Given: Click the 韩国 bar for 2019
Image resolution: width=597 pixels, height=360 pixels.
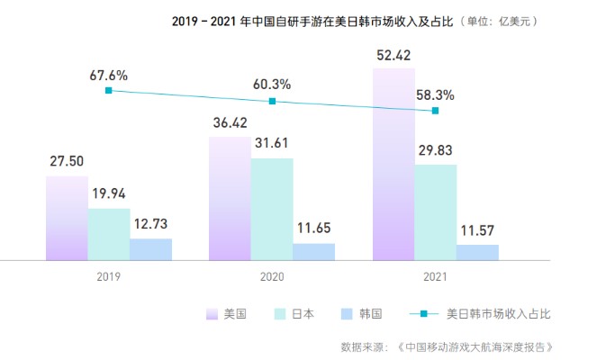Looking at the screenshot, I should (150, 249).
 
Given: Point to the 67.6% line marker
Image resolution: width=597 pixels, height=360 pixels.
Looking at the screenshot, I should (108, 90).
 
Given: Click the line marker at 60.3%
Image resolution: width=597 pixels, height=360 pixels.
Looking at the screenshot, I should (272, 102).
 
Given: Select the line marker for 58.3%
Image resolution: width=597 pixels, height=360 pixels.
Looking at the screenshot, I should (435, 111).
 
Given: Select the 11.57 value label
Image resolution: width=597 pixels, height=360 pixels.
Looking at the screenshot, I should (477, 230).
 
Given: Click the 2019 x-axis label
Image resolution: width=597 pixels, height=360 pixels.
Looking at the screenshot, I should (108, 277).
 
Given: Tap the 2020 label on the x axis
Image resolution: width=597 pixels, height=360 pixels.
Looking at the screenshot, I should (272, 277).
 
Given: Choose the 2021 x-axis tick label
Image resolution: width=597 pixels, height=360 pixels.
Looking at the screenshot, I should (435, 277).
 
